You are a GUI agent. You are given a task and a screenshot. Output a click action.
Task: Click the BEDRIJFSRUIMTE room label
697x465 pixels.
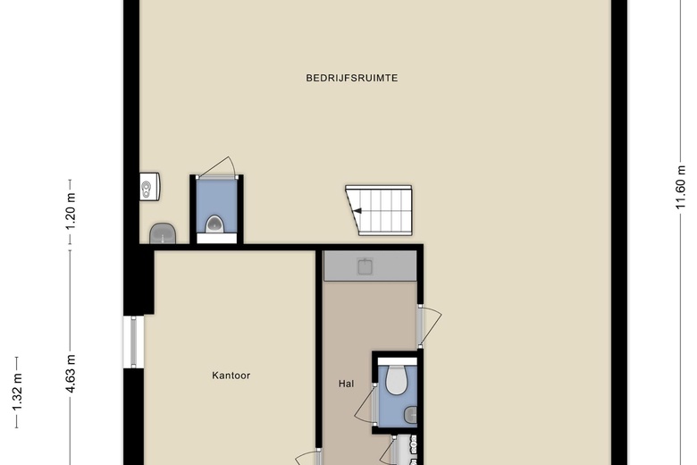(351, 78)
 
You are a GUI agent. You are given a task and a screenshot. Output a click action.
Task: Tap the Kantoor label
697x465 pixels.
(231, 376)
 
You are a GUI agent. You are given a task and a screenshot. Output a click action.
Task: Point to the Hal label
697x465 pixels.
(347, 384)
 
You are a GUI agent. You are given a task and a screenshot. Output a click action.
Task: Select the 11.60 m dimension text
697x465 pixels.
(681, 187)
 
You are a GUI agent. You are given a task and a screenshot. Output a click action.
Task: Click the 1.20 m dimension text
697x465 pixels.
(71, 212)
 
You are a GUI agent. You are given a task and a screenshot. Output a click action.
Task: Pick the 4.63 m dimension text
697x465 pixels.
(71, 374)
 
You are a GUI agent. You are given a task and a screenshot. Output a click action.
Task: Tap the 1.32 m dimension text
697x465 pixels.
(17, 393)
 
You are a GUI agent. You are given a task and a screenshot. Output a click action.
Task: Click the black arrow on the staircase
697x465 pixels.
(357, 211)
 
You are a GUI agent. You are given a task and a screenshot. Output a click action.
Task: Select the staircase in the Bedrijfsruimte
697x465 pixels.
(379, 210)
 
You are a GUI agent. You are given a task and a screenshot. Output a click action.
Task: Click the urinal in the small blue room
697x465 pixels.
(214, 224)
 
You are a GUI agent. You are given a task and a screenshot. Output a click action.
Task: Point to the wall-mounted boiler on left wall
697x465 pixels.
(150, 186)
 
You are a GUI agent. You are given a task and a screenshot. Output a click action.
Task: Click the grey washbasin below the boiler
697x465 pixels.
(163, 233)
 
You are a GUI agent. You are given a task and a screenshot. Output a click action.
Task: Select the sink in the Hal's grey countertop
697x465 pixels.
(365, 266)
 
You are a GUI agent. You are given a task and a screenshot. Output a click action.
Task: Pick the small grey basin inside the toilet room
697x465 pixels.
(411, 416)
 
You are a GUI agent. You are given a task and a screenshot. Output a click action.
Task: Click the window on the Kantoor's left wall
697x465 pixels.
(133, 342)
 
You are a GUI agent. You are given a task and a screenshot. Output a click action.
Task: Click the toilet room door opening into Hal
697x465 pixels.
(365, 402)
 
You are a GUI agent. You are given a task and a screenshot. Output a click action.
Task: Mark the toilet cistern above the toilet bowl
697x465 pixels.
(397, 361)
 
